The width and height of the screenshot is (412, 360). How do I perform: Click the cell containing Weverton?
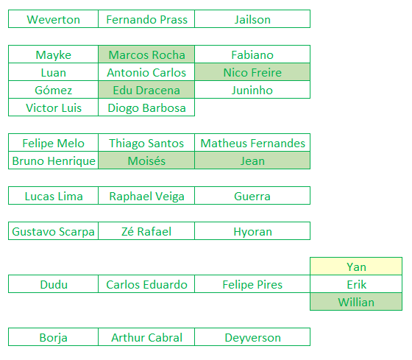coord(53,19)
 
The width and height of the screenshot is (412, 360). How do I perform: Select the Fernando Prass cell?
coord(146,19)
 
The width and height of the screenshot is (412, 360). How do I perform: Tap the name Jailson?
coord(252,19)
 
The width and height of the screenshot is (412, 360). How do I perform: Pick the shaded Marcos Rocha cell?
coord(146,54)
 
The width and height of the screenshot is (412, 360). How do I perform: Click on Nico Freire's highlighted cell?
coord(252,72)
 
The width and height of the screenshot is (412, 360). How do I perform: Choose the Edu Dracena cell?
coord(146,90)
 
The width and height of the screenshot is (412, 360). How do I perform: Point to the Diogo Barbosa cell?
coord(146,107)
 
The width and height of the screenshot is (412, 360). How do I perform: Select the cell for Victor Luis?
coord(53,107)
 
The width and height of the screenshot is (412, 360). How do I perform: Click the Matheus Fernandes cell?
coord(252,143)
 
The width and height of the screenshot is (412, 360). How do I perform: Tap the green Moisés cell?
coord(146,160)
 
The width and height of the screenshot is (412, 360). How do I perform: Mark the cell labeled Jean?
coord(252,160)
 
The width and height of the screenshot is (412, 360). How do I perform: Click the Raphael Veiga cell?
coord(146,196)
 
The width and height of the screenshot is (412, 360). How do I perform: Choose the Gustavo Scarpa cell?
coord(53,231)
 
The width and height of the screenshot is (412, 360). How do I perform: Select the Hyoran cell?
coord(252,231)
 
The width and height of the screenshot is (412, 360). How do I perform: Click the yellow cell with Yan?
coord(356,267)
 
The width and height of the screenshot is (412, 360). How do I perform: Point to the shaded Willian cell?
coord(356,302)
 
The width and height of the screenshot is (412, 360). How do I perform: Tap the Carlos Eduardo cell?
coord(146,284)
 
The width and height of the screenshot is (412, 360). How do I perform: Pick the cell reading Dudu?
coord(53,284)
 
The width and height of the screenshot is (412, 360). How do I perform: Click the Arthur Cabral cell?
coord(146,337)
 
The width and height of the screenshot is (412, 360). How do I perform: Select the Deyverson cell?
coord(252,337)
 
